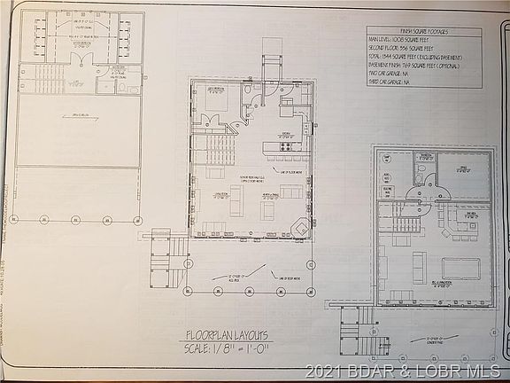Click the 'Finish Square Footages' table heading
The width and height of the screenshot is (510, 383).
point(425,32)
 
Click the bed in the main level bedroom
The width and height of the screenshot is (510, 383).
point(216,100)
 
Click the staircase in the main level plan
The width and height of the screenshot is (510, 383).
point(216,146)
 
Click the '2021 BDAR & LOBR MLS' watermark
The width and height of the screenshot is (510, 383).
point(406,371)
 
